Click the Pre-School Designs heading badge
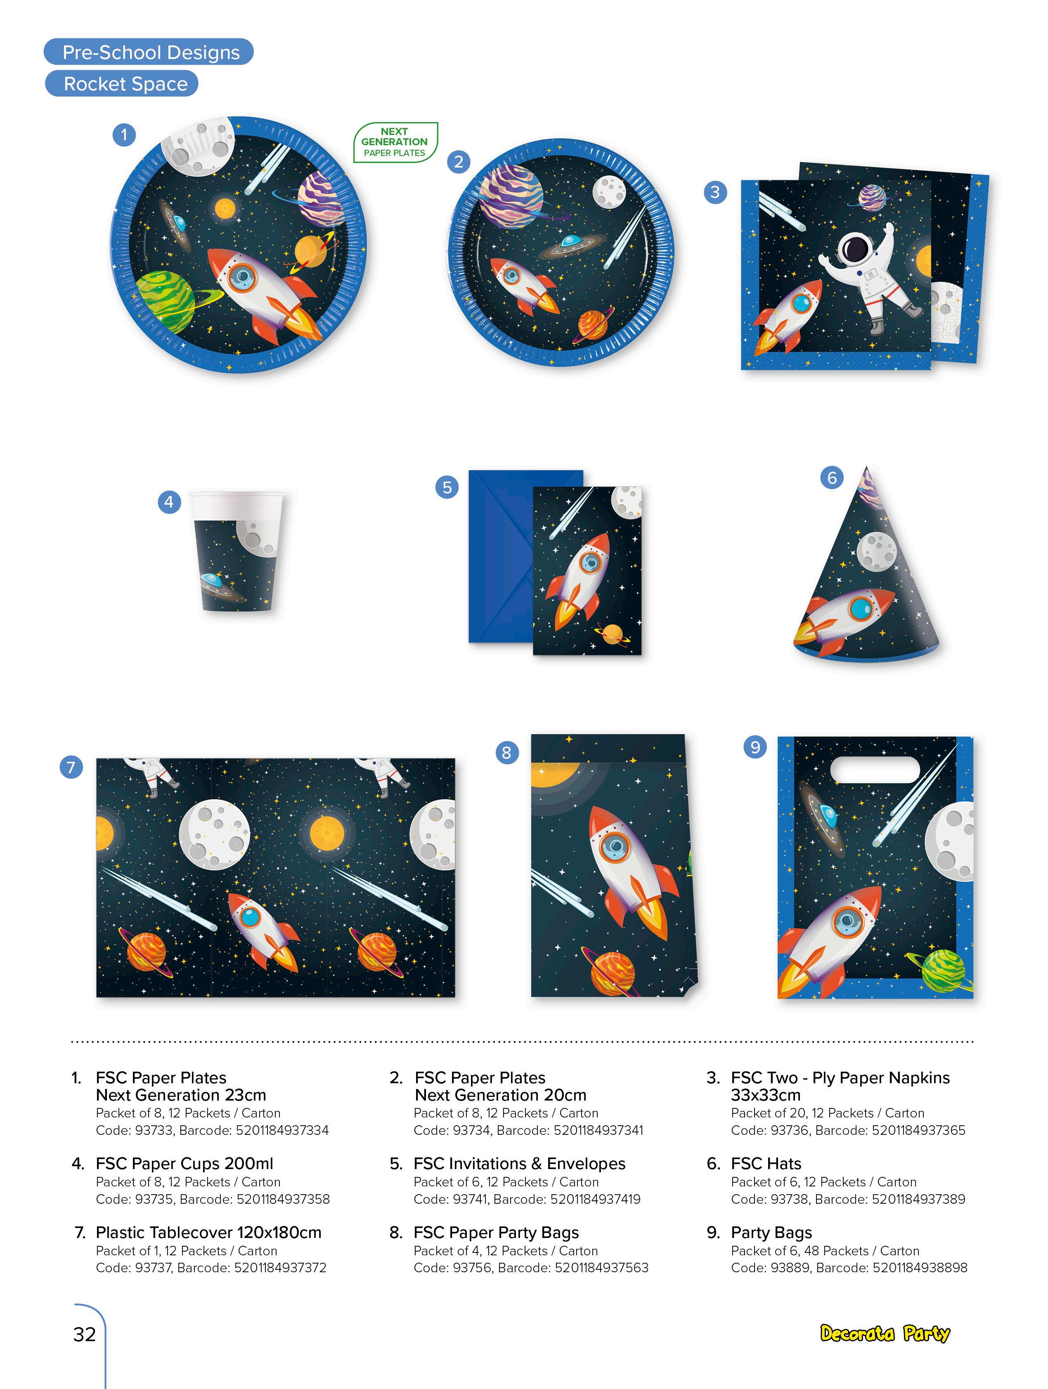click(148, 52)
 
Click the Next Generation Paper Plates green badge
click(395, 142)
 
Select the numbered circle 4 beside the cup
click(169, 502)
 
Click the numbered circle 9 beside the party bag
click(755, 747)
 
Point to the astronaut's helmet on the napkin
click(856, 247)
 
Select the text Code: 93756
click(452, 1268)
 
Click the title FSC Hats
click(766, 1164)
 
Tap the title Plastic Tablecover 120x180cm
click(208, 1233)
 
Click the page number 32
click(85, 1334)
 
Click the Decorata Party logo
click(885, 1333)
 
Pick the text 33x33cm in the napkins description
click(765, 1095)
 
